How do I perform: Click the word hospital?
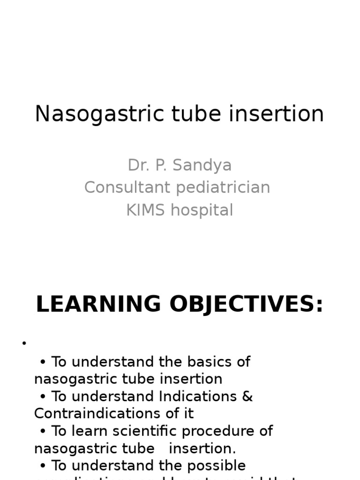pyautogui.click(x=202, y=210)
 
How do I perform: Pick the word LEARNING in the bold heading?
pyautogui.click(x=99, y=305)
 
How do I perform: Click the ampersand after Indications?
pyautogui.click(x=247, y=397)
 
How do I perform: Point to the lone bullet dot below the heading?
pyautogui.click(x=24, y=344)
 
